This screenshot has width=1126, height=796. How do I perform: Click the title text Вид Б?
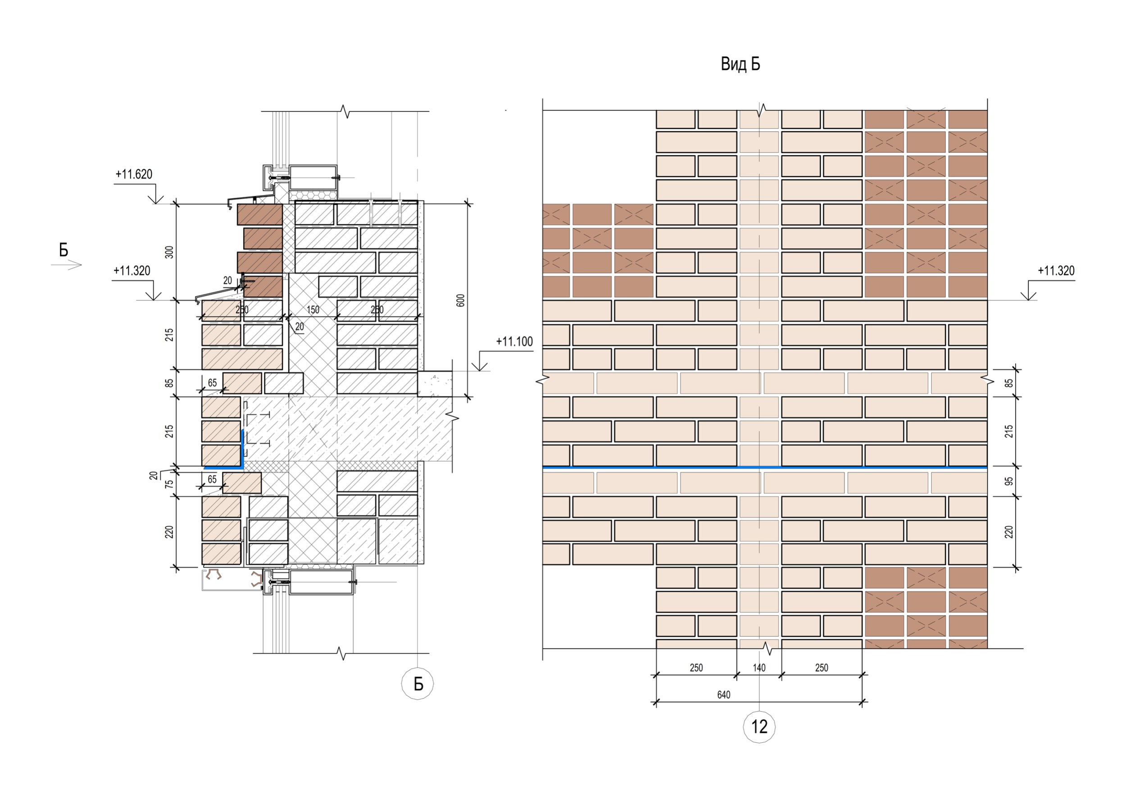coord(740,64)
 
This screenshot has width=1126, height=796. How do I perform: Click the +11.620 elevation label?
coord(134,174)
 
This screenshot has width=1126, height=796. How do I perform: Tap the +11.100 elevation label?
coord(514,341)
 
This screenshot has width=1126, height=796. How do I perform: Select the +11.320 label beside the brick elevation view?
coord(1056,271)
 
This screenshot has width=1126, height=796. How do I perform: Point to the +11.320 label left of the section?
coord(132,271)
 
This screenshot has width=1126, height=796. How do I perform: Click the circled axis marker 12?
coord(759,726)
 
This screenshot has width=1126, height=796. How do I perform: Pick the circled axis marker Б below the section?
coord(418,684)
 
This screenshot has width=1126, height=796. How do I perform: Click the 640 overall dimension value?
coord(724,695)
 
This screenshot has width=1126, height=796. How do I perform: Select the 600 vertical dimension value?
coord(460,300)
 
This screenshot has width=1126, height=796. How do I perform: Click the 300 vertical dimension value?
coord(169,252)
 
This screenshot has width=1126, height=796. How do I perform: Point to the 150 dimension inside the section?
coord(313,309)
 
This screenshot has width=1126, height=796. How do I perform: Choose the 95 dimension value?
coord(1009,481)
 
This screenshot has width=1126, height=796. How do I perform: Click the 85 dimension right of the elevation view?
coord(1009,382)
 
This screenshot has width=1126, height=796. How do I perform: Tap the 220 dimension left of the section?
coord(169,532)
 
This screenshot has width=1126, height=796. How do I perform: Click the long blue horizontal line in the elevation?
coord(765,468)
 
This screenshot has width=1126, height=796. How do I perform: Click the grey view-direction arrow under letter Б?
coord(66,265)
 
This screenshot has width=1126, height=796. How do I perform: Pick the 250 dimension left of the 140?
coord(696,668)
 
